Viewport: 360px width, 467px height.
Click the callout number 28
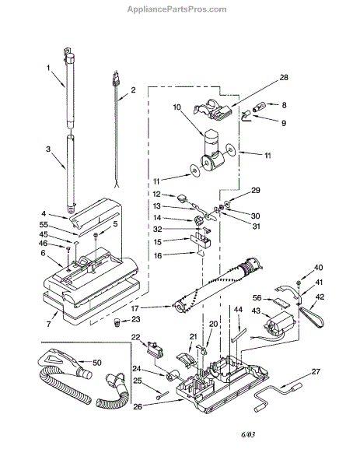click(284, 77)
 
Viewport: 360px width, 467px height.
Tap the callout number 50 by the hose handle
click(97, 363)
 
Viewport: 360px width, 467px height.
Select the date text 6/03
click(248, 434)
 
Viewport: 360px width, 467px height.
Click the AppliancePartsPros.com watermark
click(177, 9)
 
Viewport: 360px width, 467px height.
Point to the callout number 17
click(135, 308)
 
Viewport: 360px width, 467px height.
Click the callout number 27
click(316, 372)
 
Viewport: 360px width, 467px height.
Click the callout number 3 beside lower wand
click(48, 149)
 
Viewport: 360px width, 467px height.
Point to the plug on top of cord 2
click(115, 79)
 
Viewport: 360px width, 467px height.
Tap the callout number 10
click(177, 107)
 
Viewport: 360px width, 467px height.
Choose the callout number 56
click(257, 298)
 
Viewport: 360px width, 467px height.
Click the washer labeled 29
click(227, 204)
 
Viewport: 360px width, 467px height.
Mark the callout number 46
click(43, 244)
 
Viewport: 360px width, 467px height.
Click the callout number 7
click(48, 324)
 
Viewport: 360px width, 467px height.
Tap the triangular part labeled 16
click(201, 254)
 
